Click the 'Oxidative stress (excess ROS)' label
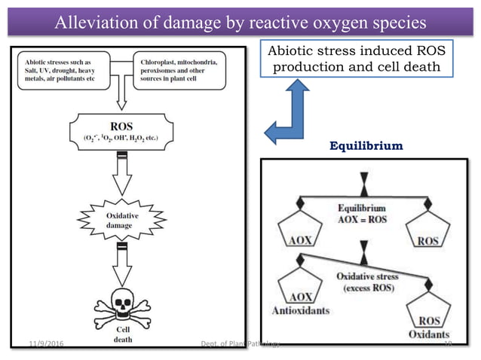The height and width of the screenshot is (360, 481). (367, 282)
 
